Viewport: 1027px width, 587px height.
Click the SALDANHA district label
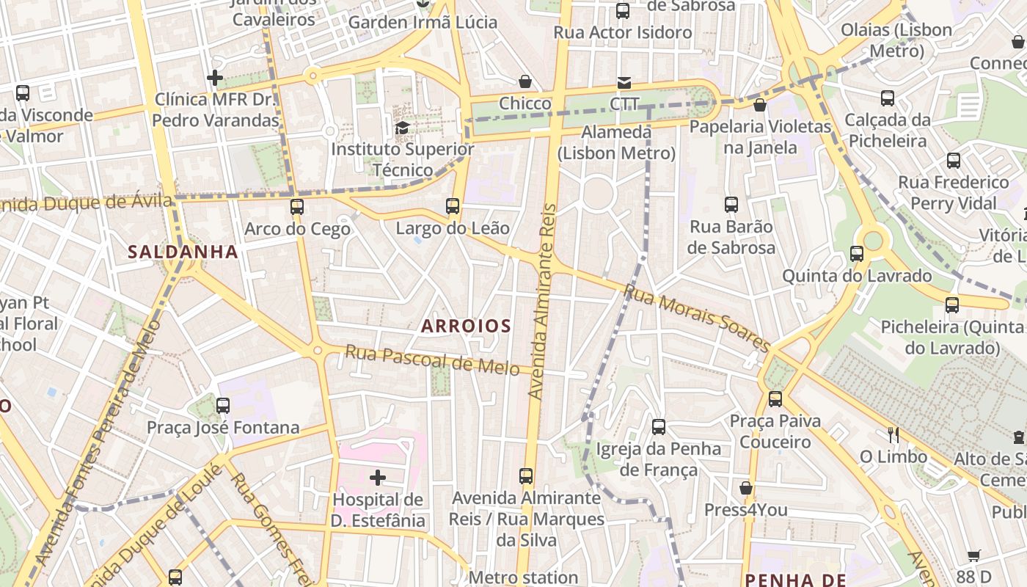(x=183, y=252)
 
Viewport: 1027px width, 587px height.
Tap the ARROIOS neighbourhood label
(x=466, y=326)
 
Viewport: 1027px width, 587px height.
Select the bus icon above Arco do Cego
(x=297, y=207)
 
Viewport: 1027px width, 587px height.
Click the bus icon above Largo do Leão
(x=453, y=206)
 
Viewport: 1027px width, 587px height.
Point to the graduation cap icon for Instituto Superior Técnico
(x=402, y=128)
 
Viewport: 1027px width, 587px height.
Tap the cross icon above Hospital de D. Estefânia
(x=378, y=478)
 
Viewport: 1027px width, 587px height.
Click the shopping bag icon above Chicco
(x=525, y=81)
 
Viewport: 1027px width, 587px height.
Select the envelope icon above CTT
(x=624, y=82)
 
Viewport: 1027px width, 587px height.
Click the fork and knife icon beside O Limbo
(x=893, y=435)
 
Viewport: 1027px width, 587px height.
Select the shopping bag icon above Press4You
(x=746, y=488)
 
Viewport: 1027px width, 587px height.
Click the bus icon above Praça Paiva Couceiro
(x=775, y=399)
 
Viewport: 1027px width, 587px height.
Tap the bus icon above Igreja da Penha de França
(x=659, y=427)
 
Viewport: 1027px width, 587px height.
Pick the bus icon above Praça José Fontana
(x=223, y=406)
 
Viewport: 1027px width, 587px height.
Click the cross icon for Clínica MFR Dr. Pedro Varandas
(x=215, y=78)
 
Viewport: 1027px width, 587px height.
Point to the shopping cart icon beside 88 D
(x=973, y=555)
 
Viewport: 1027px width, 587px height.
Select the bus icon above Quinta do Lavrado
(x=857, y=255)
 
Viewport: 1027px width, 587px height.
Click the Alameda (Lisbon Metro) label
(x=616, y=142)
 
